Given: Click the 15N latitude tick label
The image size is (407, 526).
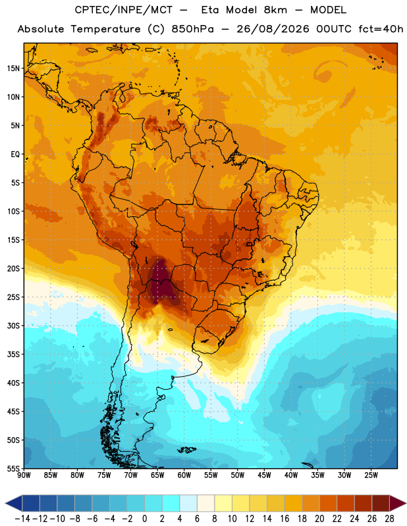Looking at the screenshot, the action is point(13,68).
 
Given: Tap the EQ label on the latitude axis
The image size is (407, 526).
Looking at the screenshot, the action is point(15,155).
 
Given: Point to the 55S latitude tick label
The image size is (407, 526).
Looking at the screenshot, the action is point(13,468).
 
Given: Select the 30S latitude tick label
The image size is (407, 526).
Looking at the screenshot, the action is point(13,325).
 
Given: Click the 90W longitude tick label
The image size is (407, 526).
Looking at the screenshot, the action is point(24,475).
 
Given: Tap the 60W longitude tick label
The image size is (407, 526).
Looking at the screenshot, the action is point(184,475).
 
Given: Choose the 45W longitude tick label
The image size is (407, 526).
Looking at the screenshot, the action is point(264,475).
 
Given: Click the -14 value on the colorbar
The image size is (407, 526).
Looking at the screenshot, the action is point(22,519).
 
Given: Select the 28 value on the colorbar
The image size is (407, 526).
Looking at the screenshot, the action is point(389,519).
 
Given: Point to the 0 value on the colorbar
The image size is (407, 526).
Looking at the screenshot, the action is point(144,519).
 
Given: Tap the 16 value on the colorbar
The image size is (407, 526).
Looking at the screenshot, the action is point(285,519).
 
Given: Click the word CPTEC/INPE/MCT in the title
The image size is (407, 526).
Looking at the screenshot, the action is point(123,10).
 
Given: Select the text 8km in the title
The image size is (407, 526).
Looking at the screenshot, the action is point(275,10).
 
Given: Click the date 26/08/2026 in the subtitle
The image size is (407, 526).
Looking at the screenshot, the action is point(273,29).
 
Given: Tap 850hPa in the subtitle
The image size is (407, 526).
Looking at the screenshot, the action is point(192,29).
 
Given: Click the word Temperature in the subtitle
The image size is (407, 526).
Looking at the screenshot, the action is point(105,30).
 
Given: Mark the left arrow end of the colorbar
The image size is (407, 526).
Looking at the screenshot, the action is point(6,503).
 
